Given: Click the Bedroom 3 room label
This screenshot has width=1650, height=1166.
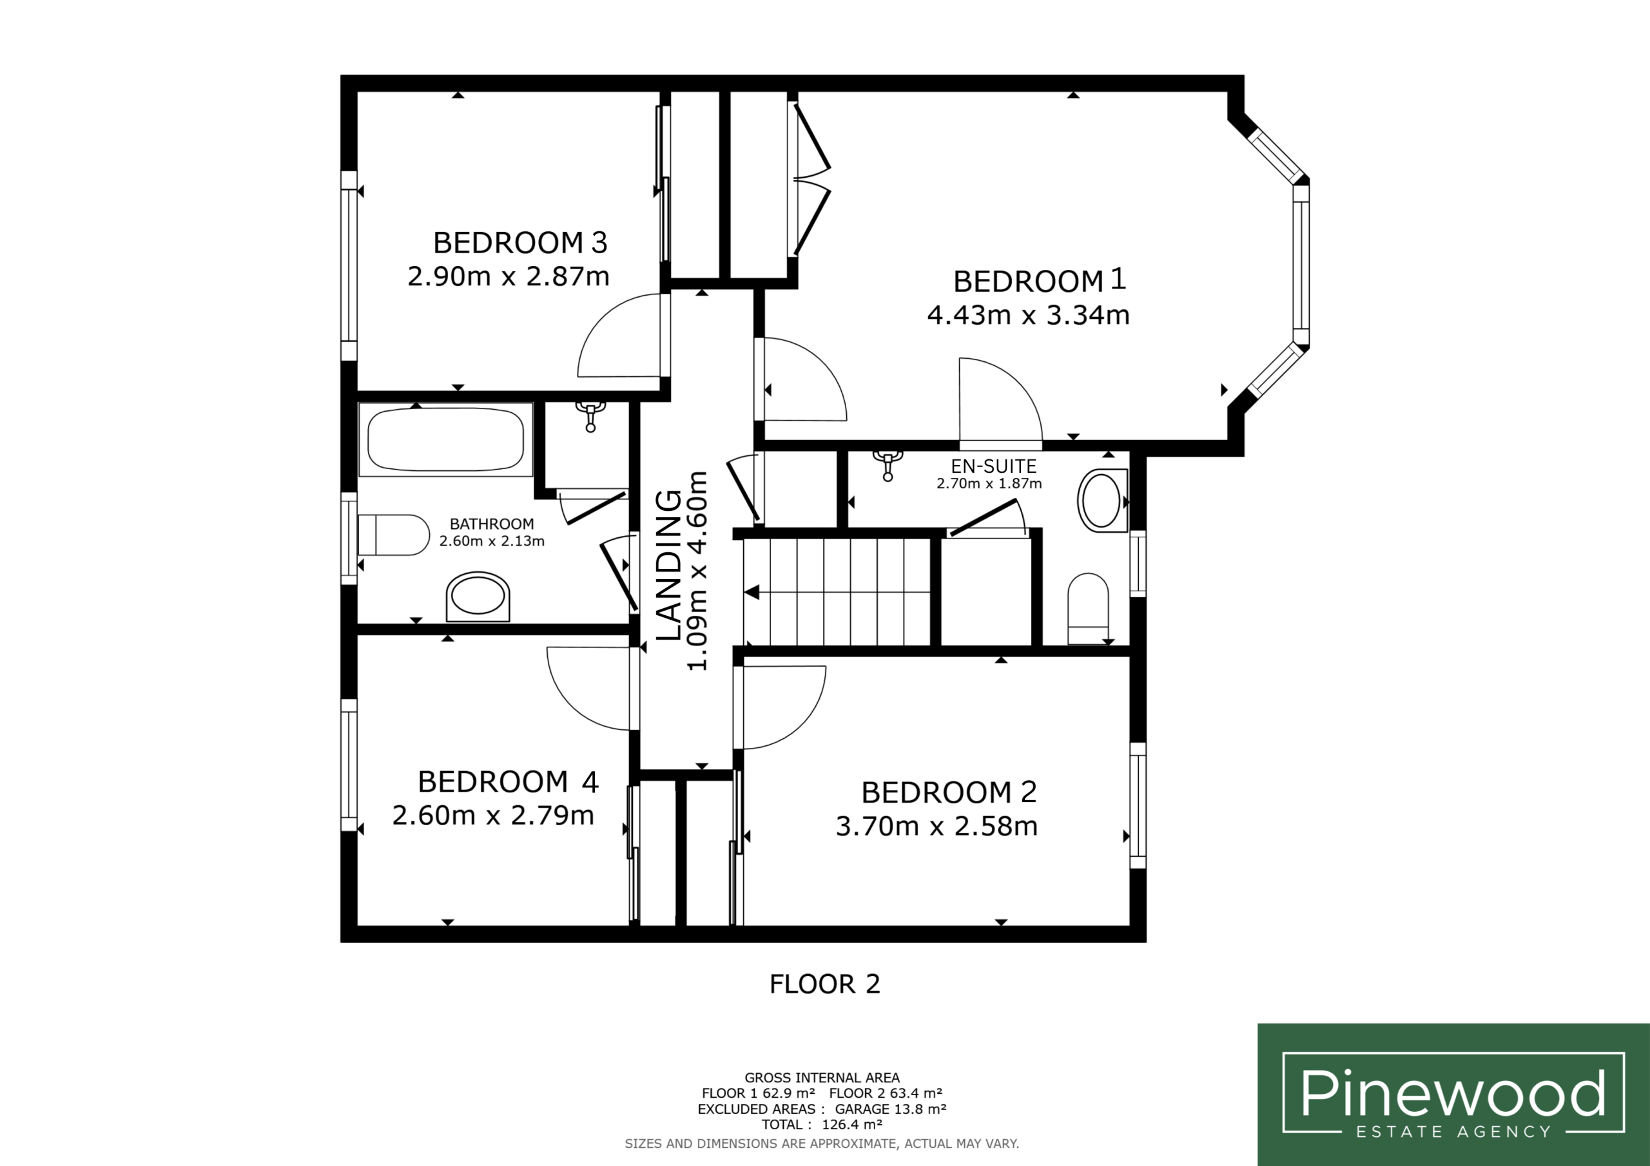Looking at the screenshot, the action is coord(520,243).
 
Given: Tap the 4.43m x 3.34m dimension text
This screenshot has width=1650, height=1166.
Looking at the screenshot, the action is coord(1029,314).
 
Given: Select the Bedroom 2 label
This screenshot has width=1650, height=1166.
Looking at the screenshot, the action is coord(949,792).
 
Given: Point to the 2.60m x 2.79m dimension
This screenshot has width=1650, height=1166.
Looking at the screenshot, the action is coord(493,816).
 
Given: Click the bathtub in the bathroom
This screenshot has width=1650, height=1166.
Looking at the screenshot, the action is coord(445,439).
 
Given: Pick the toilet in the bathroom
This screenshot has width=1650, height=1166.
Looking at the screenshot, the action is coord(393,535).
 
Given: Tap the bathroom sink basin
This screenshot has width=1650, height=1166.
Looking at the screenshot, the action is coord(478,597).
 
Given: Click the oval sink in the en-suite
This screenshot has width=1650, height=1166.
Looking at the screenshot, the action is coord(1102,501).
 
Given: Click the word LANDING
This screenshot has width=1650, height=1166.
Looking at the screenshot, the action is coord(669,565).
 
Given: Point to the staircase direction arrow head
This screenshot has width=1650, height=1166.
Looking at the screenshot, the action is coord(752,593).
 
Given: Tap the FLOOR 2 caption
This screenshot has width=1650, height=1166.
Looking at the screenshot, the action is coord(824,984).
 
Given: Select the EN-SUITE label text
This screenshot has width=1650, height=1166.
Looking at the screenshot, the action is coord(994,466).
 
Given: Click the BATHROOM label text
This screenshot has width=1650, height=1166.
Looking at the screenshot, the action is coord(492,524).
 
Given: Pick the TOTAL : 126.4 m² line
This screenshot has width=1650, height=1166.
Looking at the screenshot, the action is coord(822,1124).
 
